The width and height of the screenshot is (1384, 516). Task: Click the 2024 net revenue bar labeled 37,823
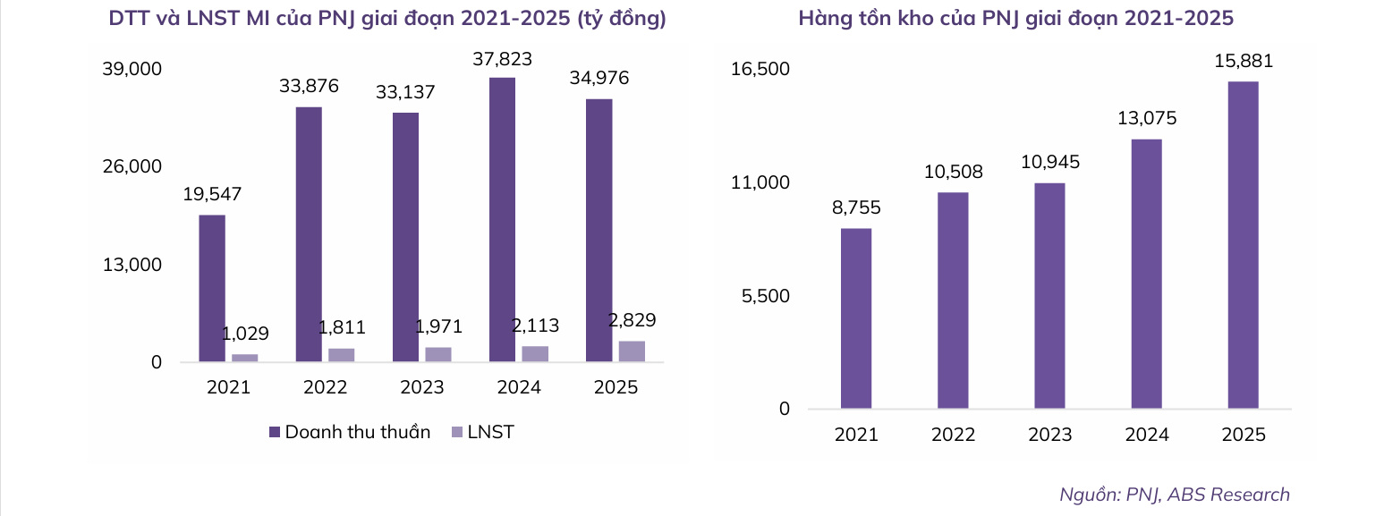[x=502, y=220]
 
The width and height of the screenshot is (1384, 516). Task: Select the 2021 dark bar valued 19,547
[x=212, y=288]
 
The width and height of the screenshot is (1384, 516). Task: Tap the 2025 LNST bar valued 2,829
[x=632, y=351]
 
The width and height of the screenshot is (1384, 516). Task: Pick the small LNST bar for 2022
[x=341, y=355]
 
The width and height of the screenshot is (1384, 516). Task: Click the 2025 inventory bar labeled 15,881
[x=1243, y=245]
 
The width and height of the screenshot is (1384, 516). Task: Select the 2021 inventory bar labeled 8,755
[x=856, y=318]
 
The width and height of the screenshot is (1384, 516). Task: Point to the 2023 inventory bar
[x=1049, y=296]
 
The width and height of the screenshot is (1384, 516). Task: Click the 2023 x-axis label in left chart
[x=422, y=388]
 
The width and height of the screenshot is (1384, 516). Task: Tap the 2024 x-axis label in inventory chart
[x=1146, y=435]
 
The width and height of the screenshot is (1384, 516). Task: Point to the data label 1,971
[x=438, y=326]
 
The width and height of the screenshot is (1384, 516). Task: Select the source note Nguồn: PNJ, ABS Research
[x=1174, y=495]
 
